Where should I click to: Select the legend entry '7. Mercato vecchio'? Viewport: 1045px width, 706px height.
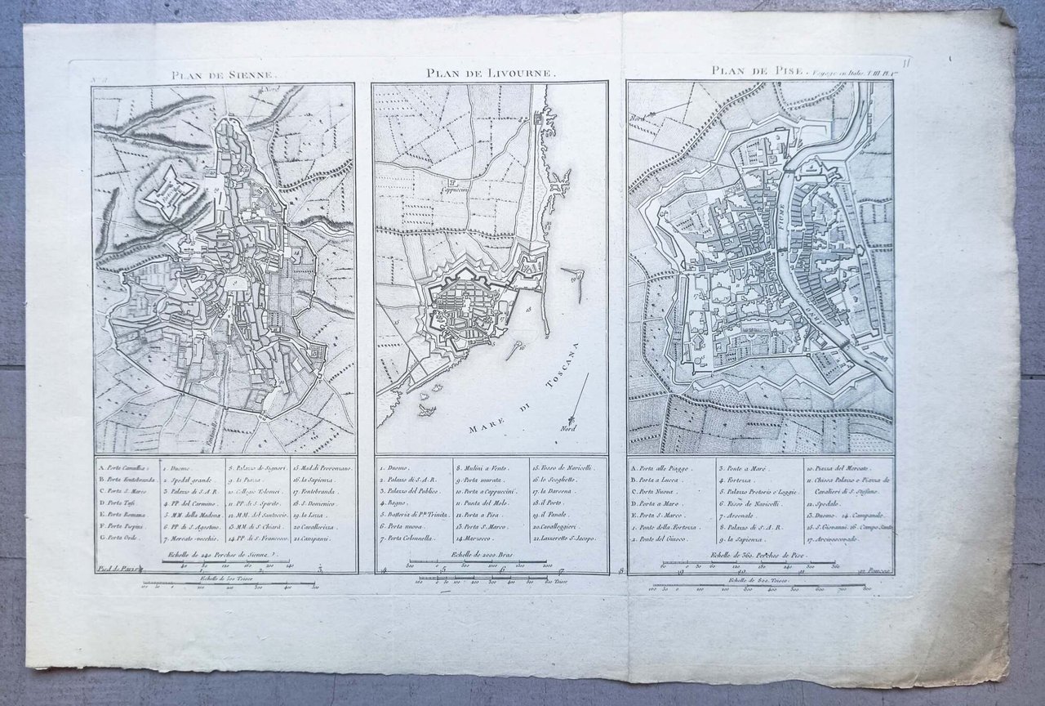point(191,540)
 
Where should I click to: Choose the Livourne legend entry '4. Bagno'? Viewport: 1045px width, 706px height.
point(398,504)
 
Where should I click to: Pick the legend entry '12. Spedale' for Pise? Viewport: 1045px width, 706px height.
point(825,504)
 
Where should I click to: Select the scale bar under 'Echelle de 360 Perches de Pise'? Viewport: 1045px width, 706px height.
point(751,564)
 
